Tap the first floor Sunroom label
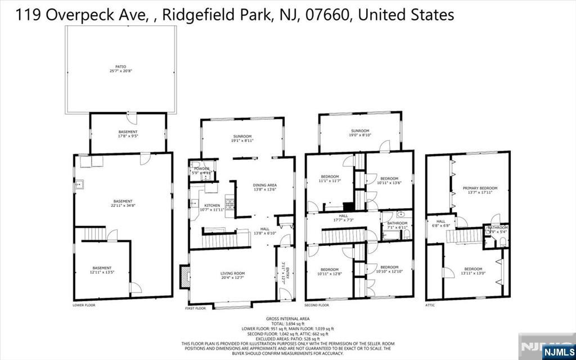pyautogui.click(x=244, y=139)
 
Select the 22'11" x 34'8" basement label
pyautogui.click(x=122, y=204)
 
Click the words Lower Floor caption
pyautogui.click(x=84, y=305)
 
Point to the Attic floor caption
pyautogui.click(x=431, y=305)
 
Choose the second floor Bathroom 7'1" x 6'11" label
pyautogui.click(x=396, y=225)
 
